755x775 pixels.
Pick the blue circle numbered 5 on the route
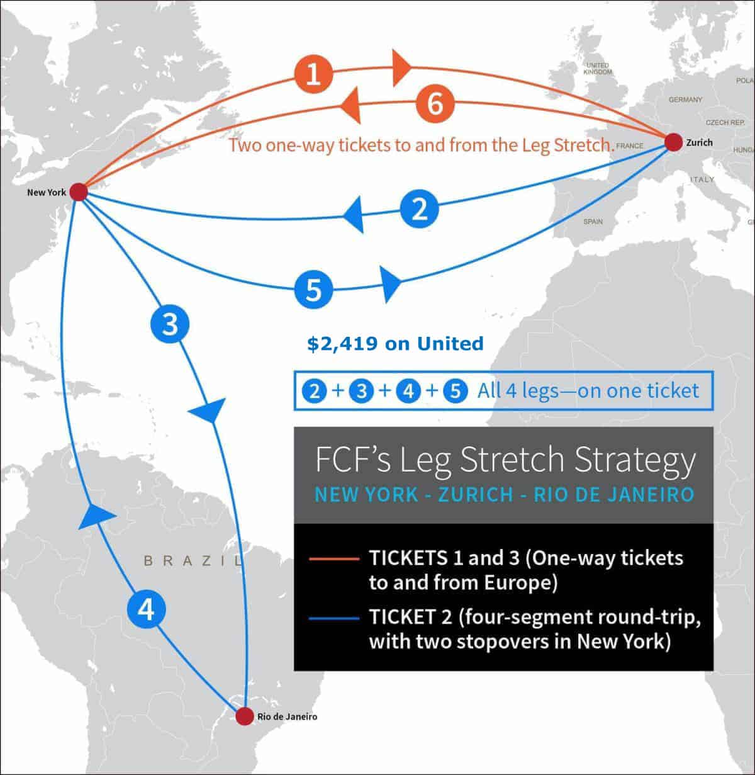(x=314, y=290)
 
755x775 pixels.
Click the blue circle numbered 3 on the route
(x=169, y=324)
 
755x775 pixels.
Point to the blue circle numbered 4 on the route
(x=146, y=609)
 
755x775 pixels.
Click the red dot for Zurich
(x=673, y=142)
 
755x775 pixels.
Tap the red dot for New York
(x=78, y=191)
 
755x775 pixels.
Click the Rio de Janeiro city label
(x=287, y=716)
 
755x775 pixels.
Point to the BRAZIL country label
(x=193, y=560)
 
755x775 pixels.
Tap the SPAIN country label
(x=593, y=222)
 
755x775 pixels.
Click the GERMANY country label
(x=685, y=99)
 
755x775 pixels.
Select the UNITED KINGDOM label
(x=597, y=69)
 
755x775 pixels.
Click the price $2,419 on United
(x=395, y=343)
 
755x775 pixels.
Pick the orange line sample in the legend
(x=333, y=558)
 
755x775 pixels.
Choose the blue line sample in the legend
(x=333, y=618)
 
